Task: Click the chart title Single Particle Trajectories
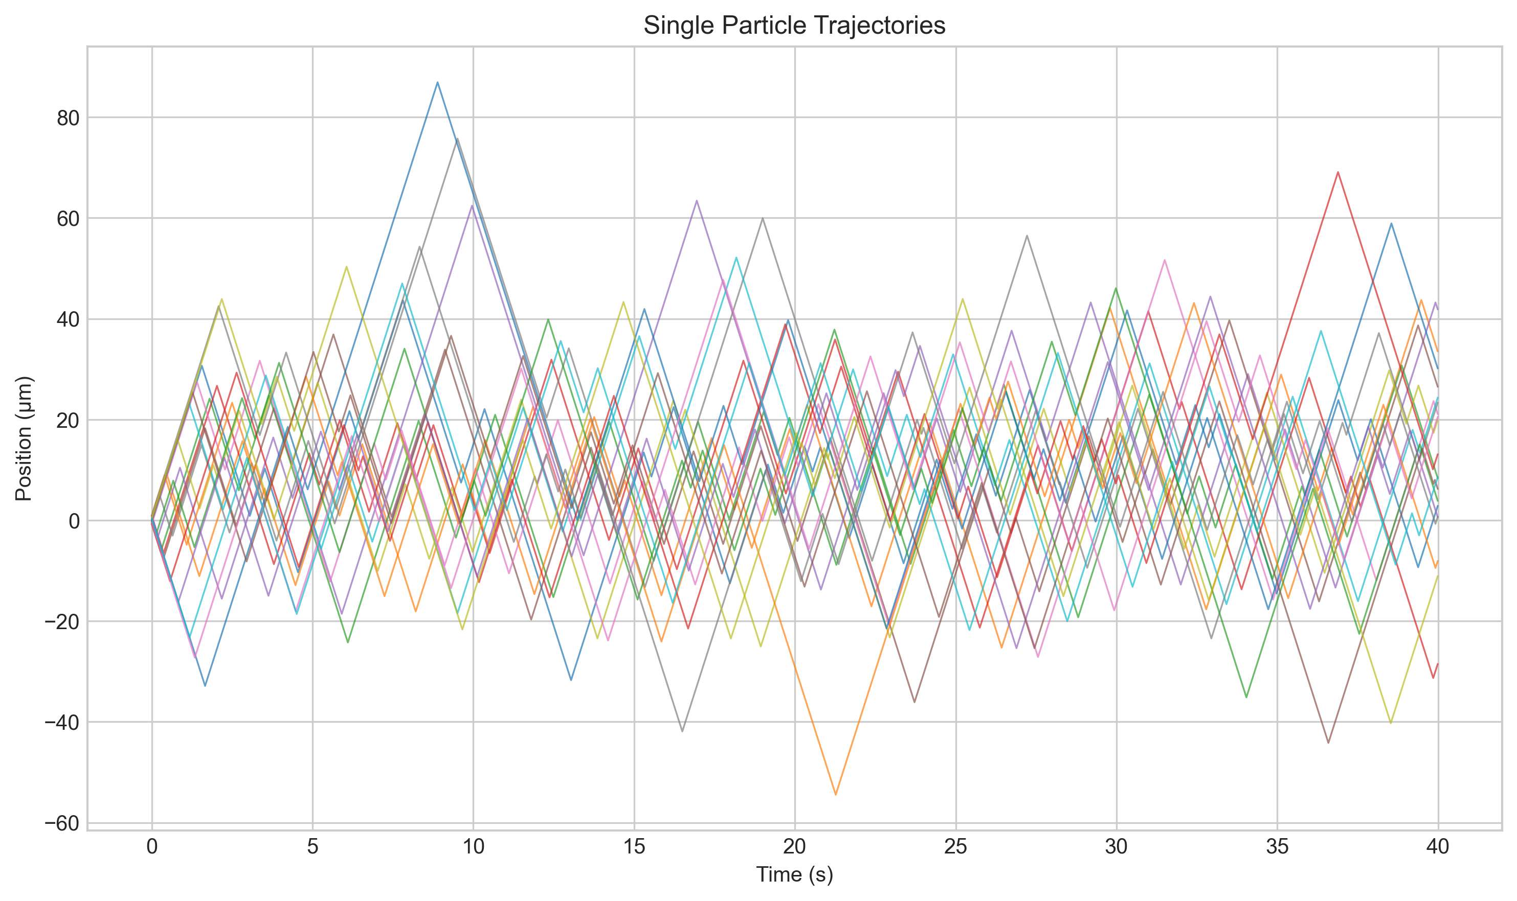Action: pos(794,26)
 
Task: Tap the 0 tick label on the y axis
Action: pos(74,521)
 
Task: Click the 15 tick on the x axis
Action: pos(634,847)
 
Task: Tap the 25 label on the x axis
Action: pos(955,847)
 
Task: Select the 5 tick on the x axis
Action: pos(313,847)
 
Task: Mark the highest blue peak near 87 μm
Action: pos(437,83)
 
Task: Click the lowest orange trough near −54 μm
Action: pos(835,794)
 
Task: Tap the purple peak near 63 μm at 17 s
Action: pos(696,200)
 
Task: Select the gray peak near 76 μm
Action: pos(457,138)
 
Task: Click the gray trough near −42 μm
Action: pos(682,731)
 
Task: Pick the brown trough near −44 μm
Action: pos(1328,743)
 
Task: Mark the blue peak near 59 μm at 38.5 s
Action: pos(1391,223)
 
